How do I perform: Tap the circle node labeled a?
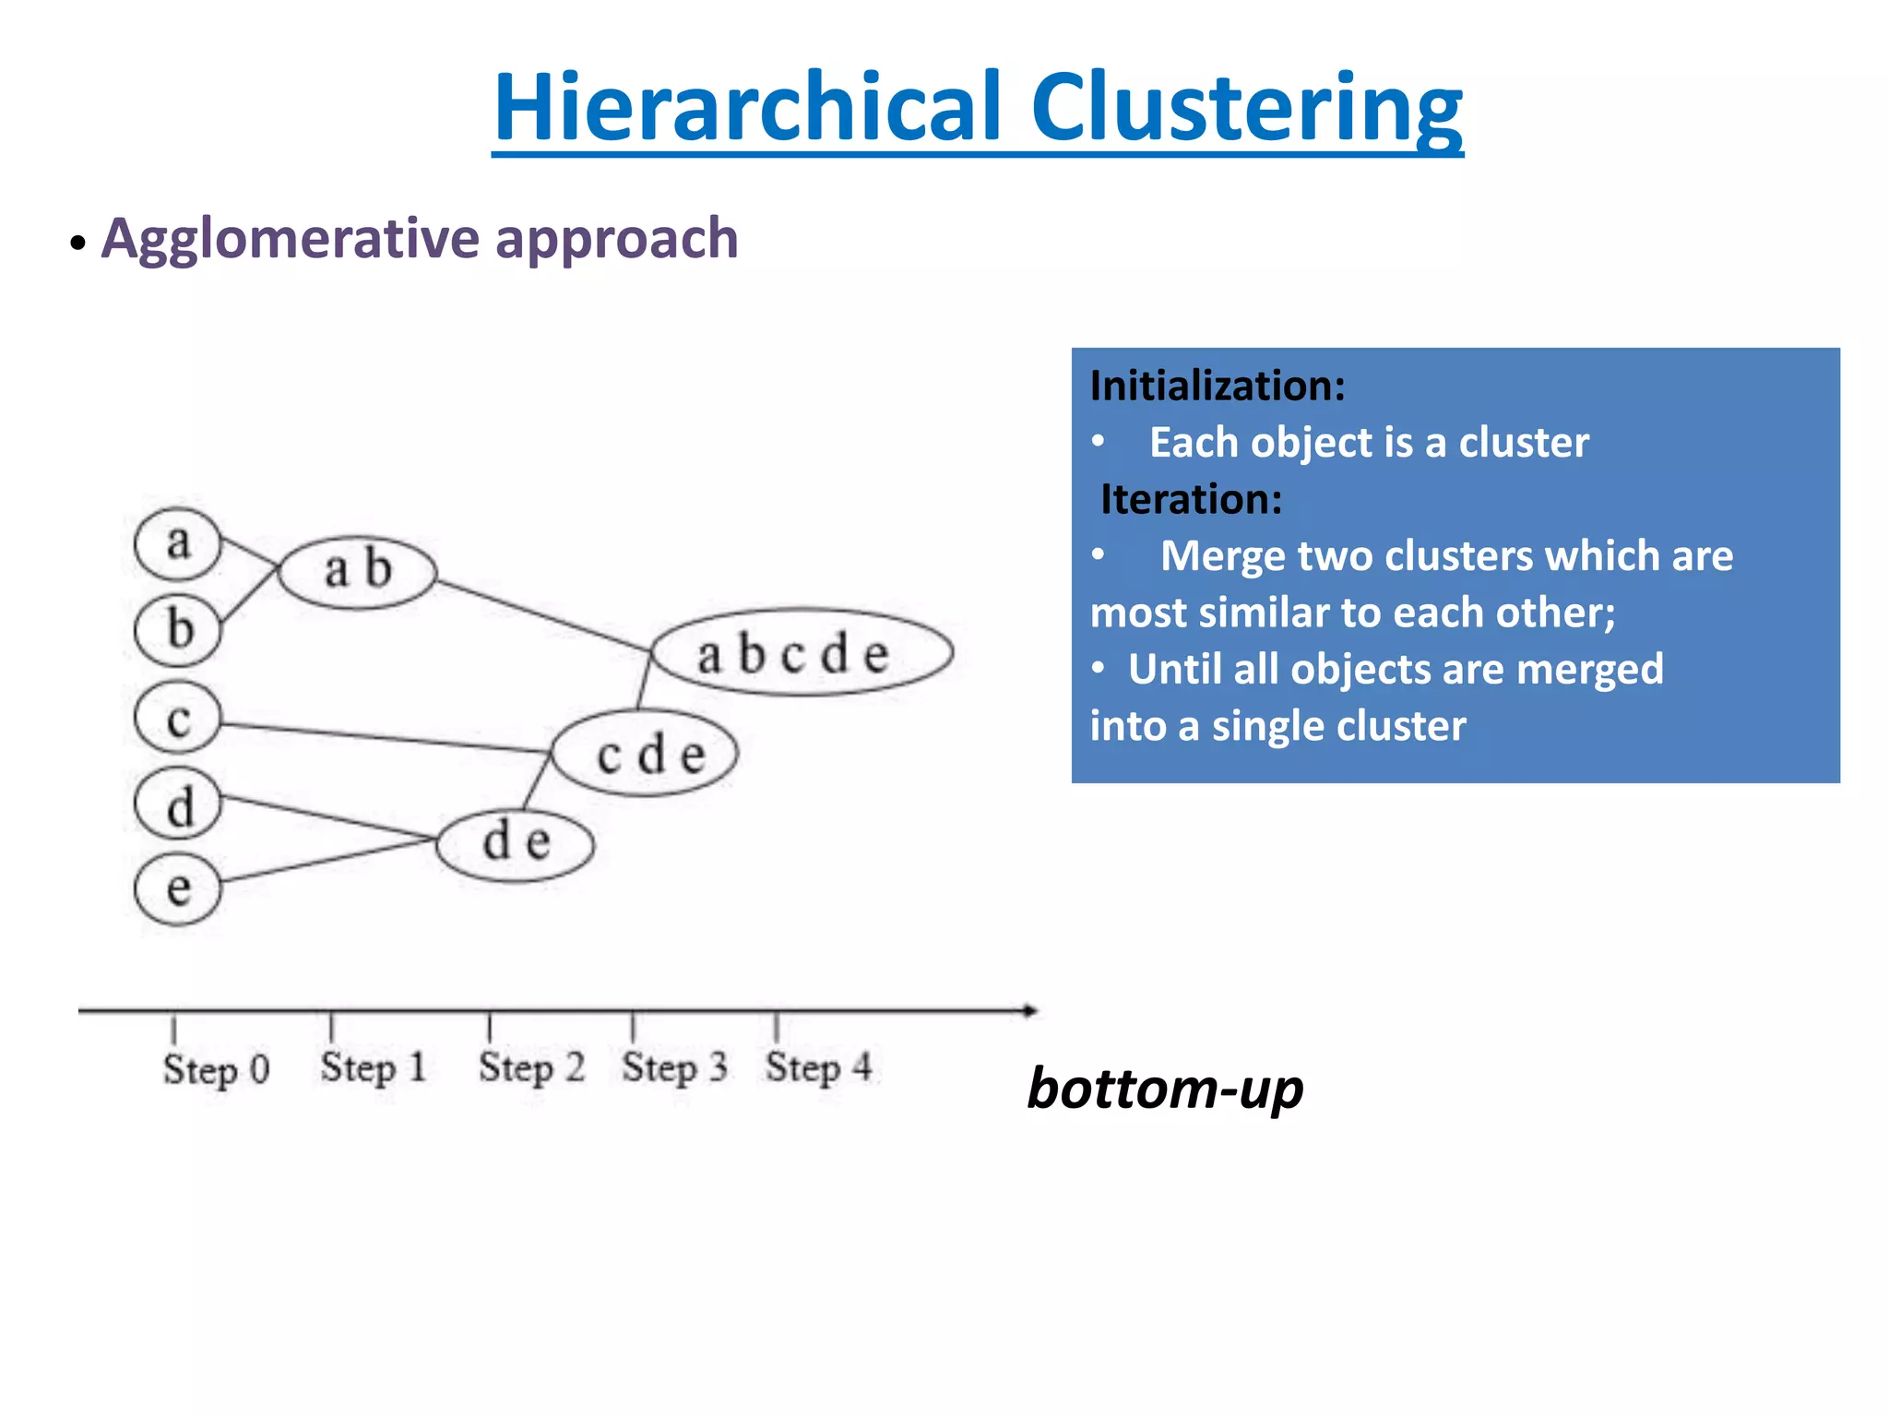[178, 544]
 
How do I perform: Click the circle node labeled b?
[178, 630]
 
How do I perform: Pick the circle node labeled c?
[178, 718]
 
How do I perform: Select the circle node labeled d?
[178, 804]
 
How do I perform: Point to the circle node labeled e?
[178, 889]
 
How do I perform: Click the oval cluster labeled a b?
[358, 571]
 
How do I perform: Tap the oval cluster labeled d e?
[515, 843]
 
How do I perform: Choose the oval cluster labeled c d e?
[646, 754]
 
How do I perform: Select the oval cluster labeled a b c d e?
[801, 652]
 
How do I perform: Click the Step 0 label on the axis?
[216, 1069]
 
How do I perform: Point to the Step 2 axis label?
[531, 1067]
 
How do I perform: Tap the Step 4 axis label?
[818, 1067]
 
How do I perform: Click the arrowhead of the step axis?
[1030, 1010]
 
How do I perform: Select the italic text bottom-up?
[1165, 1090]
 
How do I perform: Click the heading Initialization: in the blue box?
[1217, 386]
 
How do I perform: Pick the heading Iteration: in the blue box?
[1191, 499]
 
